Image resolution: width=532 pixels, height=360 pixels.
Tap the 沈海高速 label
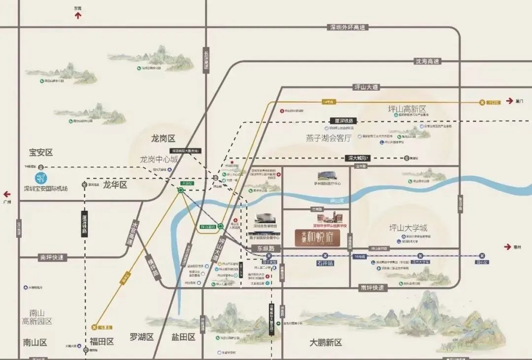click(x=427, y=62)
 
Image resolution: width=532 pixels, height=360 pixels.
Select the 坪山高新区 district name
click(x=407, y=109)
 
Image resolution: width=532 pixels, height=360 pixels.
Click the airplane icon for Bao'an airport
click(x=41, y=178)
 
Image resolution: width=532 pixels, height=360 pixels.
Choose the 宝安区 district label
click(x=41, y=153)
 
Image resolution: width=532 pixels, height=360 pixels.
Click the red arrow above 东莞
click(x=77, y=16)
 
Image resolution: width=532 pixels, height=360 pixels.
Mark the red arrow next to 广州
click(x=7, y=194)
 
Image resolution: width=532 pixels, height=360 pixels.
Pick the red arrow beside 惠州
click(x=508, y=246)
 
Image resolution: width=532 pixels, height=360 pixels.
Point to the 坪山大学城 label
click(x=408, y=228)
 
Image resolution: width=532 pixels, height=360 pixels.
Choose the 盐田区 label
click(x=184, y=337)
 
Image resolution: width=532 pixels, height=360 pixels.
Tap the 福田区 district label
click(x=101, y=341)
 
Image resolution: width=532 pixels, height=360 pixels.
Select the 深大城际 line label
click(x=358, y=158)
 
